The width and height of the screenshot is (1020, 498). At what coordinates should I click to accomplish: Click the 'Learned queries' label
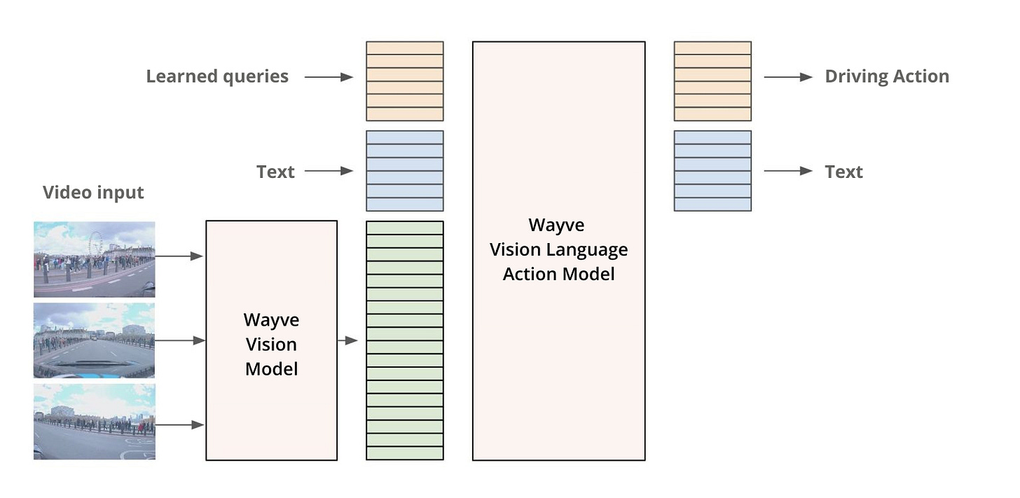(x=217, y=76)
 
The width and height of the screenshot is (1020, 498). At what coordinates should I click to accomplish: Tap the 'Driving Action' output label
(x=887, y=76)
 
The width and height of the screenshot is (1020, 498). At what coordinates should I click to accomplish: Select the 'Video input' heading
(x=93, y=193)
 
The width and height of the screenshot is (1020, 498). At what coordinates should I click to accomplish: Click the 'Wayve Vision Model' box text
(x=271, y=344)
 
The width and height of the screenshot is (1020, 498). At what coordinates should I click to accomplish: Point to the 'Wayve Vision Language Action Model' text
(x=558, y=249)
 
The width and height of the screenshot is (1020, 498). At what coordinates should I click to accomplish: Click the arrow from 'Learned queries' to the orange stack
(x=329, y=77)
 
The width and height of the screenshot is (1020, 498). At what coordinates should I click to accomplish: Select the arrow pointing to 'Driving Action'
(x=788, y=77)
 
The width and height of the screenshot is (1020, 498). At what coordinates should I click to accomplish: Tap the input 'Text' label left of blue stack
(x=275, y=172)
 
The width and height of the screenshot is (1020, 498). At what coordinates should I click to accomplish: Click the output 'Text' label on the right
(x=843, y=172)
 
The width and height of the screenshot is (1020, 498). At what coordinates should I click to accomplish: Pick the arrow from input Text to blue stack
(x=329, y=171)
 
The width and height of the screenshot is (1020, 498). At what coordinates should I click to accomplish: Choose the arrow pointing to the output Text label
(x=788, y=171)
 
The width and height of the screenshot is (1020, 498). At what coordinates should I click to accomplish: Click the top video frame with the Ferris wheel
(x=94, y=259)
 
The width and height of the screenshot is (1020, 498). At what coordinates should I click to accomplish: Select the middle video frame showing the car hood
(x=94, y=340)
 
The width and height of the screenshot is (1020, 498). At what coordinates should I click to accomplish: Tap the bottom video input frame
(x=94, y=422)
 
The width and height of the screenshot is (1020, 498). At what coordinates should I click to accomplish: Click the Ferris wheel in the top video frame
(x=95, y=243)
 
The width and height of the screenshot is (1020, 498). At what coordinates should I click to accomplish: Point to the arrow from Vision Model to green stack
(x=347, y=341)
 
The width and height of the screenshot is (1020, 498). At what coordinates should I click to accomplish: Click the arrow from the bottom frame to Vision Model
(x=180, y=424)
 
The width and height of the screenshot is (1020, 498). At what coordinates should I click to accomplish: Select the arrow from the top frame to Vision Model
(x=179, y=256)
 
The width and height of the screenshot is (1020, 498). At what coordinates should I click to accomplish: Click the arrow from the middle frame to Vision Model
(x=180, y=340)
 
